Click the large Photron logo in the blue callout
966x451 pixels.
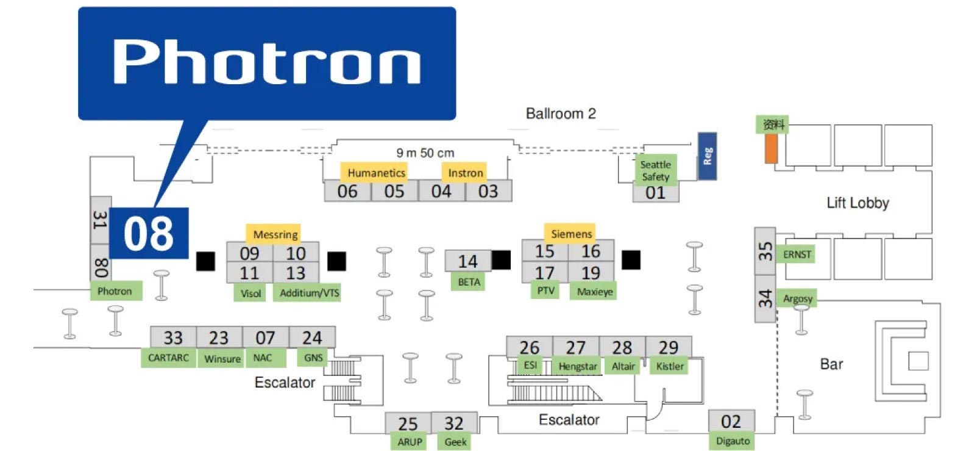click(266, 62)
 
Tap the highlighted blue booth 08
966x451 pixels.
click(149, 233)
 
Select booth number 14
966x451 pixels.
click(467, 261)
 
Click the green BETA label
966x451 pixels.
click(469, 282)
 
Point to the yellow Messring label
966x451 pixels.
click(275, 234)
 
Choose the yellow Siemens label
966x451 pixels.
click(571, 234)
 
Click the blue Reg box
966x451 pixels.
click(707, 156)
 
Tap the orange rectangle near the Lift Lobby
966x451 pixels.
click(771, 149)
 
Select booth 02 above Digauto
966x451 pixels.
click(731, 421)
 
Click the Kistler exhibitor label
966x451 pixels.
click(670, 366)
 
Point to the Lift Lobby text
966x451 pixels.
click(858, 203)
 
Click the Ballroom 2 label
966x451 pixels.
click(561, 114)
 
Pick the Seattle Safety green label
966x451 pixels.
click(655, 170)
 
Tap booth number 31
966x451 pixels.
click(100, 220)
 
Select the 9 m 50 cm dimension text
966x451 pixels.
click(425, 153)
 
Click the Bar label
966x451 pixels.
click(831, 364)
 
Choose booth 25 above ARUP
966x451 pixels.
click(408, 424)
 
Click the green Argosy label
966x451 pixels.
click(798, 298)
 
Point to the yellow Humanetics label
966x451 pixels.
click(376, 173)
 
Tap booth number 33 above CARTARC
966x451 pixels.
click(173, 337)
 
